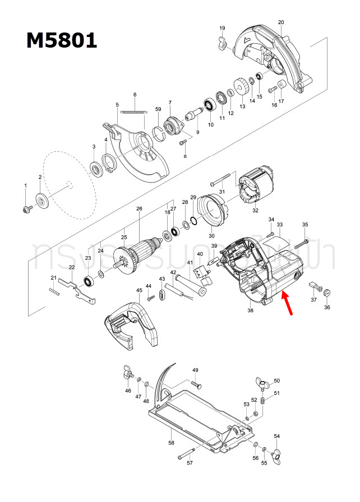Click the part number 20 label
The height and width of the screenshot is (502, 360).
tap(281, 22)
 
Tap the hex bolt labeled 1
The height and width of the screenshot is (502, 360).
tap(26, 208)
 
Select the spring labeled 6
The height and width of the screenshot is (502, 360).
tap(132, 111)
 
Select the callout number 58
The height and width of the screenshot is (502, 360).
tap(172, 443)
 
